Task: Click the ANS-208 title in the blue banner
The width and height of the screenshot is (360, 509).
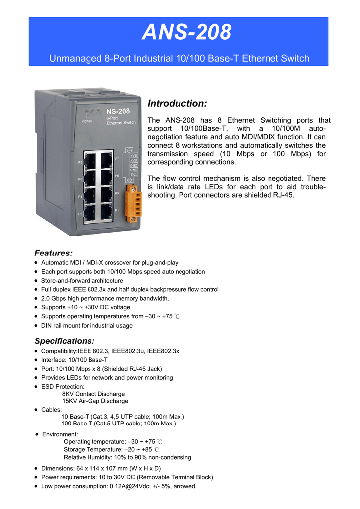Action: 186,33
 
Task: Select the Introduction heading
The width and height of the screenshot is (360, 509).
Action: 177,103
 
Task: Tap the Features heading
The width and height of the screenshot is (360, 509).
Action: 53,253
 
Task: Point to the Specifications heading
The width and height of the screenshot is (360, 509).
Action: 64,341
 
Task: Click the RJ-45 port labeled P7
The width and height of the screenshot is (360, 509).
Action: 106,160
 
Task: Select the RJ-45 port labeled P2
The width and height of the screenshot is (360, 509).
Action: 91,212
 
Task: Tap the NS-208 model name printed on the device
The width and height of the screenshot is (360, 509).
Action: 118,111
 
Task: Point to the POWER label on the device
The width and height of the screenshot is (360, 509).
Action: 87,121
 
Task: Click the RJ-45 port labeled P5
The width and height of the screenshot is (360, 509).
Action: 106,177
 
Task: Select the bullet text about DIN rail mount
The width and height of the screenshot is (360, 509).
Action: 87,326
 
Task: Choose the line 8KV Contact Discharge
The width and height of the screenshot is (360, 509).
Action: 93,394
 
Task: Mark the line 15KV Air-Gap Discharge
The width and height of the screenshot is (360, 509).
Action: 95,401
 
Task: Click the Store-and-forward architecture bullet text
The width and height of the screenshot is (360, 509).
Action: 82,281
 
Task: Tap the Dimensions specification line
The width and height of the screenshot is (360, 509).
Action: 108,468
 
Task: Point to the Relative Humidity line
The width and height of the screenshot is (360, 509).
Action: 127,457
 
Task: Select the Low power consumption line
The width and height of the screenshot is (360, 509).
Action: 119,486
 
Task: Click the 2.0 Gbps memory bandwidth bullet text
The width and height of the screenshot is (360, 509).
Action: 105,299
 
